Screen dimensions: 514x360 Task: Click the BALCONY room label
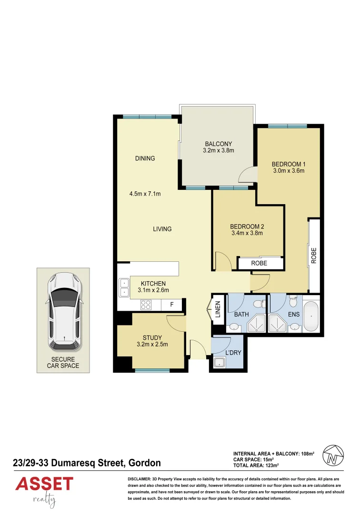218,144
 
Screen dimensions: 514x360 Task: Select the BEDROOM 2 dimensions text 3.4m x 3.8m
247,233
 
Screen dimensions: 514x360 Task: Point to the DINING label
145,158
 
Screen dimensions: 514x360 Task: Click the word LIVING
162,229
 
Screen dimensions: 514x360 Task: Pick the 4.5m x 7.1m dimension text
145,194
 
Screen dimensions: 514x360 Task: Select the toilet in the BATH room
258,303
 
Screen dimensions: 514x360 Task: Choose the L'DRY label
233,353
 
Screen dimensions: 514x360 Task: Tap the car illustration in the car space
63,310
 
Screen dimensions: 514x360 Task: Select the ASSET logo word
44,484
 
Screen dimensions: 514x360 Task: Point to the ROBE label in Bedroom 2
259,263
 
